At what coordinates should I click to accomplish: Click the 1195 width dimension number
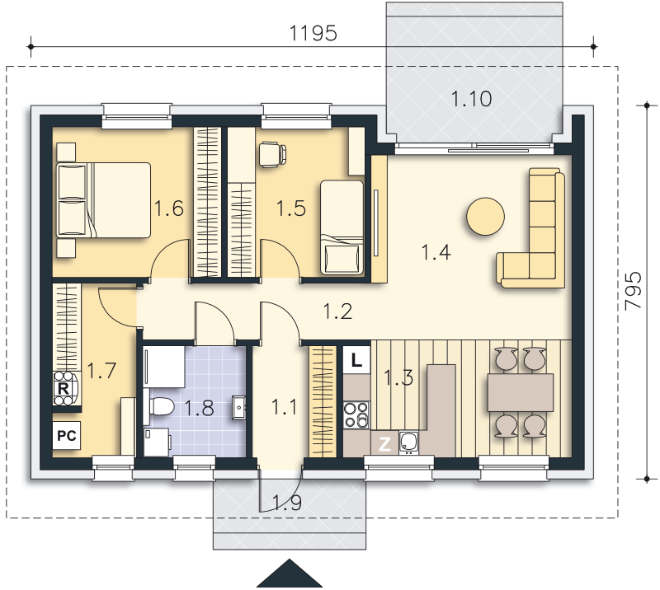[x=313, y=33]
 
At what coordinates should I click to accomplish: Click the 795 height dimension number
[x=633, y=291]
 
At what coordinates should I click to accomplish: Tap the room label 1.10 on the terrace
[x=471, y=99]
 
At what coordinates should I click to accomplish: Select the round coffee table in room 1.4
[x=485, y=216]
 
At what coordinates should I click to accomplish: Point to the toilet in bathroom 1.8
[x=159, y=406]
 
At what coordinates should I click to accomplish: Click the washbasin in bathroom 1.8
[x=238, y=407]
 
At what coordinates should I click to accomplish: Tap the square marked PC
[x=67, y=436]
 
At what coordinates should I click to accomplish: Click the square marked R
[x=64, y=388]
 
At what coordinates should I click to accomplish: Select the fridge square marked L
[x=356, y=359]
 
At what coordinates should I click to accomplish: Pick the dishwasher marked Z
[x=384, y=444]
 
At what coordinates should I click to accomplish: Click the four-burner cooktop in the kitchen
[x=356, y=414]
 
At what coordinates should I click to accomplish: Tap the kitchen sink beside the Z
[x=408, y=442]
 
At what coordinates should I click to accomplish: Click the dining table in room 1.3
[x=521, y=392]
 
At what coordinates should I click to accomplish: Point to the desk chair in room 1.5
[x=272, y=154]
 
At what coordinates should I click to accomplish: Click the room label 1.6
[x=169, y=208]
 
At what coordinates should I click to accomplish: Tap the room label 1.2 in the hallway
[x=337, y=311]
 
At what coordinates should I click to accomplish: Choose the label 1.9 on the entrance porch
[x=286, y=502]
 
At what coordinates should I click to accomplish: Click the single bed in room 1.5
[x=342, y=227]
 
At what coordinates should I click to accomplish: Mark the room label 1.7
[x=101, y=371]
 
